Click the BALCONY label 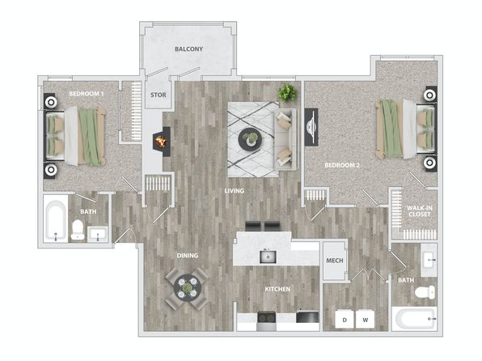coord(188,49)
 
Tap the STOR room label coord(159,95)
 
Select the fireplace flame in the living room coord(162,142)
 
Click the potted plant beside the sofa coord(287,92)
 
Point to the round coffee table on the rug coord(251,139)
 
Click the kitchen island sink coord(268,257)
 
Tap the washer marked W coord(366,319)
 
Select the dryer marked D coord(345,319)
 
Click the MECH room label coord(335,261)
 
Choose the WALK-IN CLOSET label coord(420,211)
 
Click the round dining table coord(187,288)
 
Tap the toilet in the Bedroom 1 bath coord(78,230)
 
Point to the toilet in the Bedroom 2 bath coord(425,291)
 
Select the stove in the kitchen coord(267,321)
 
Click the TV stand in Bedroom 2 coord(311,127)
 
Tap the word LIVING coord(235,191)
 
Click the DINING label coord(188,256)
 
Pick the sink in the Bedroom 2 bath coord(429,260)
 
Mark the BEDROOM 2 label coord(342,165)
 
